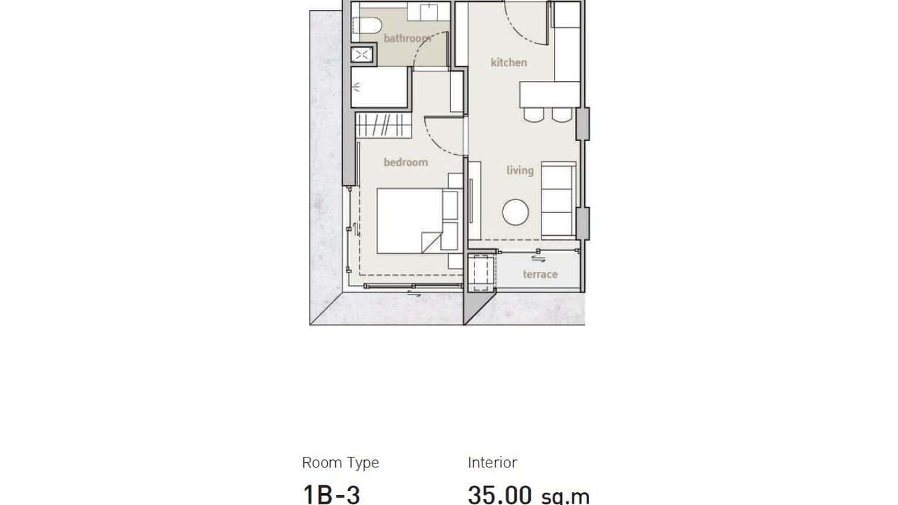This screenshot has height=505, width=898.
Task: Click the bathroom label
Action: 407,39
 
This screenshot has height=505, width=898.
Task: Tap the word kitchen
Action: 509,62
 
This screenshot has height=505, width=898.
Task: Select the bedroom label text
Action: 406,162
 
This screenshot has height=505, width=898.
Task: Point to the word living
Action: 520,170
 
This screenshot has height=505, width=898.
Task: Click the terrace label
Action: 540,274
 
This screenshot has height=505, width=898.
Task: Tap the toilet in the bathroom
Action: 367,26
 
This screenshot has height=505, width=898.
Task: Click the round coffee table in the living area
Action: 515,212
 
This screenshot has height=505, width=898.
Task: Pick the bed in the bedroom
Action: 409,221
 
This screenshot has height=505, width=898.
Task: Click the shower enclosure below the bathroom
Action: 379,86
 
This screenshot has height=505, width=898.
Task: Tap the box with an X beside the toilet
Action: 362,55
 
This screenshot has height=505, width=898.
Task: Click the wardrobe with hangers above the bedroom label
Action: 382,126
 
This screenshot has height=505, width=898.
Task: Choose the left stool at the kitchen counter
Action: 534,115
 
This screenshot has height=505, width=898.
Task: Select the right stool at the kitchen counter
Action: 561,115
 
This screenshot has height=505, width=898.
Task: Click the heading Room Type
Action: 340,463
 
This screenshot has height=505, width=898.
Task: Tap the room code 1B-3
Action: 331,494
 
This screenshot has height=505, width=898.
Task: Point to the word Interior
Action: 492,462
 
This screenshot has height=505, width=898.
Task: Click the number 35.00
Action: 500,495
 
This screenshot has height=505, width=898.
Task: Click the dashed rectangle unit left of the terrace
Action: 480,272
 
